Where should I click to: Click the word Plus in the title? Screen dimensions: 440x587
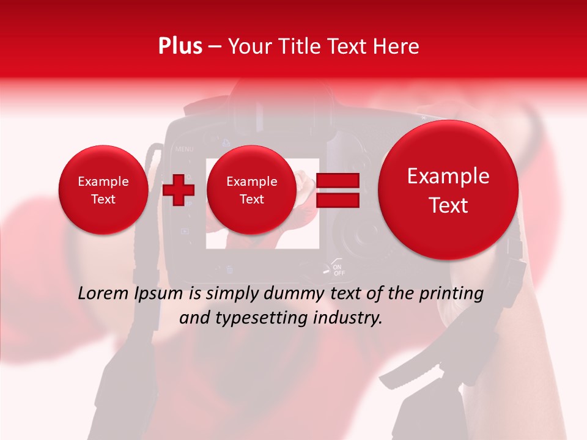(x=180, y=46)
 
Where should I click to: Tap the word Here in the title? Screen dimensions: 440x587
(x=397, y=46)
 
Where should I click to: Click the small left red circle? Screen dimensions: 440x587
(x=103, y=190)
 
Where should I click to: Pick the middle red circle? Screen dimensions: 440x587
(x=251, y=190)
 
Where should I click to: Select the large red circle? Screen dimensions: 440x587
(x=448, y=190)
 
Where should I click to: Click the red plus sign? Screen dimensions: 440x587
(x=179, y=189)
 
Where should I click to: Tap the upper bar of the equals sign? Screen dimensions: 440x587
(x=338, y=181)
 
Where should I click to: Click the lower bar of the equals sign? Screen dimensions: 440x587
(x=338, y=200)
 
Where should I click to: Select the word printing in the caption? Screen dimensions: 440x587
(x=452, y=294)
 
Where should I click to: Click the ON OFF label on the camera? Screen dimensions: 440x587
(x=339, y=269)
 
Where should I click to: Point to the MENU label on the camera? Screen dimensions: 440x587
(x=184, y=148)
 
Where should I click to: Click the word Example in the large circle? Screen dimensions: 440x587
(x=448, y=177)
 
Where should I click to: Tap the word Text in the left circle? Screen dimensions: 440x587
(x=103, y=199)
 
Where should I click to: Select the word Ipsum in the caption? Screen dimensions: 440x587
(x=162, y=294)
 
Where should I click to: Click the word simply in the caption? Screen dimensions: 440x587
(x=229, y=294)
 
